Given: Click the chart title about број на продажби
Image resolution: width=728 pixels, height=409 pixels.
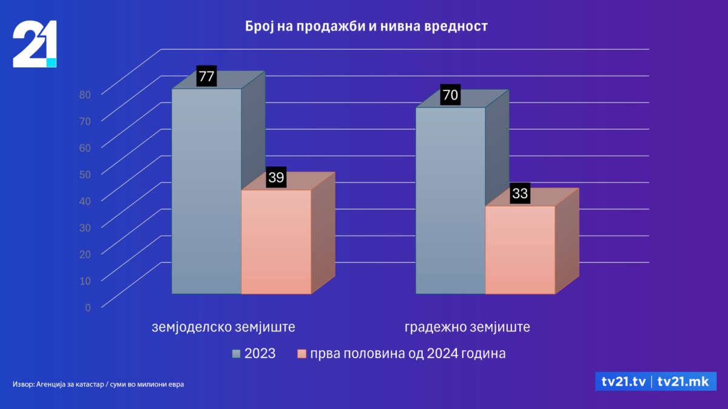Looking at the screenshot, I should click(x=366, y=27).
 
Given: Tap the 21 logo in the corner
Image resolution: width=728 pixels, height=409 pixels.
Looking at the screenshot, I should click(x=35, y=44).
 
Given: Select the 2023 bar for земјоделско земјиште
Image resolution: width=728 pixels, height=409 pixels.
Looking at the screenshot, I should click(x=206, y=191).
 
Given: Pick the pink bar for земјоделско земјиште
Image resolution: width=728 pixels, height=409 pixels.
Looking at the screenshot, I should click(x=276, y=242).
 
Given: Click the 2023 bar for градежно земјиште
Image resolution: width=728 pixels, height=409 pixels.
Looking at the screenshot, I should click(x=450, y=200).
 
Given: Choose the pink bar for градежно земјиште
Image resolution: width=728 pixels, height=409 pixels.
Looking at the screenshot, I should click(x=520, y=250).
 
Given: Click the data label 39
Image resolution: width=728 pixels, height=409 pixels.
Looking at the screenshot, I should click(x=276, y=178).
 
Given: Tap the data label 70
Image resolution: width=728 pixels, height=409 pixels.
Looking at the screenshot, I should click(x=450, y=95).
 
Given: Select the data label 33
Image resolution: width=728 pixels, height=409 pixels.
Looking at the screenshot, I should click(x=520, y=194).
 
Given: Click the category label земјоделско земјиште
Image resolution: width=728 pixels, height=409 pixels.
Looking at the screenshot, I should click(x=223, y=328).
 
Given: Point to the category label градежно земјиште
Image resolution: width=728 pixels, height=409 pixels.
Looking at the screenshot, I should click(x=467, y=328).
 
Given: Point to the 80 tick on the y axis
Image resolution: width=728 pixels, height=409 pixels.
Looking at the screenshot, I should click(x=84, y=94).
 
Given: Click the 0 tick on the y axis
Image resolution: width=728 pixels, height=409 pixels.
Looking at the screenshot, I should click(x=88, y=307).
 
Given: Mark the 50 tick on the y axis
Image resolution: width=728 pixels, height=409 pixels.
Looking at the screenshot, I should click(x=84, y=174).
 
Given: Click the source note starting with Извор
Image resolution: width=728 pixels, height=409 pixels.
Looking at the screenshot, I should click(x=98, y=384).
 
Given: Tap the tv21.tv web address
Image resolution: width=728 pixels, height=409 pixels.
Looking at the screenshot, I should click(x=623, y=381).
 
